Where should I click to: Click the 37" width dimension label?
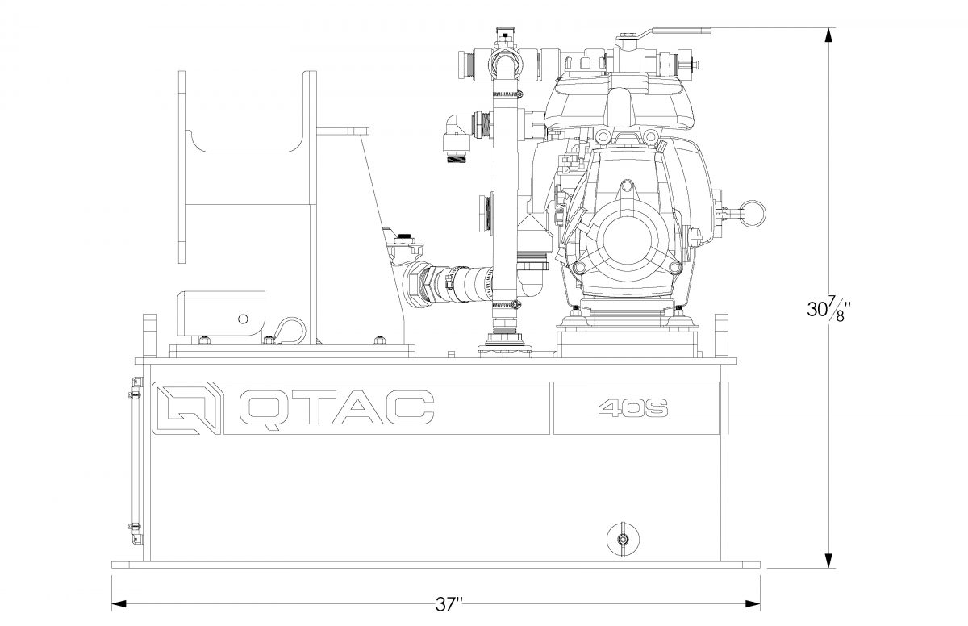coord(449,604)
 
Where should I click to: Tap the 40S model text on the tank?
coord(633,408)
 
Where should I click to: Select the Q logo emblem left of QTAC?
coord(188,408)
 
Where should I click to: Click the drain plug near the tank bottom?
coord(623,539)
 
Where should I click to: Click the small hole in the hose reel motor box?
coord(244,319)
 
